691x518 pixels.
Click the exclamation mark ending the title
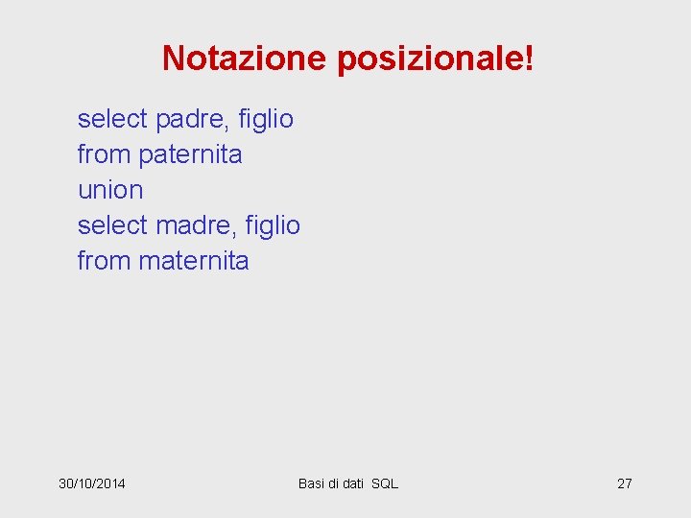[x=529, y=59]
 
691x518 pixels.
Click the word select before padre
[x=112, y=120]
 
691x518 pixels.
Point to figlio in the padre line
[x=269, y=120]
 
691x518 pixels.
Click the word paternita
[x=190, y=154]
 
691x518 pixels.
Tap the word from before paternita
[x=105, y=154]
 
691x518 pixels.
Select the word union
[x=110, y=190]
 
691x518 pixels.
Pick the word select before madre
[x=112, y=225]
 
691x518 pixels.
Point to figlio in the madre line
[x=275, y=225]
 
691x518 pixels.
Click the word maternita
[x=194, y=261]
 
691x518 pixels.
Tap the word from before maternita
[x=105, y=261]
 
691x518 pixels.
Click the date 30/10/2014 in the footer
[x=92, y=483]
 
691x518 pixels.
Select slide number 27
[x=624, y=483]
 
